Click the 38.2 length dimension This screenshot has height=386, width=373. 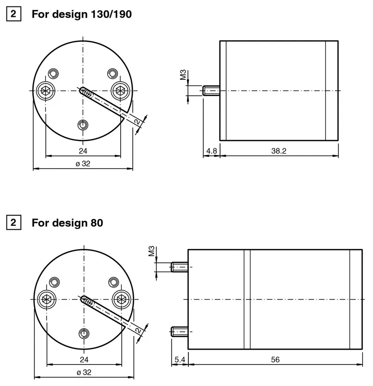(279, 151)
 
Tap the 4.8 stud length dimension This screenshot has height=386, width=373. (212, 151)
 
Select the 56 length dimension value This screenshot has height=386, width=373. (275, 359)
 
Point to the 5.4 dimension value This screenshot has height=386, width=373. (180, 359)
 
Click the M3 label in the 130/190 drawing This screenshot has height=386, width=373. (183, 75)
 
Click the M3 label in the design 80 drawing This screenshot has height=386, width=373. (152, 251)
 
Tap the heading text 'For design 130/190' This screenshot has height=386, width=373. (82, 14)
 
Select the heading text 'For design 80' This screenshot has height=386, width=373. (67, 223)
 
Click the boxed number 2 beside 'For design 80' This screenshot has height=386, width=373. (14, 223)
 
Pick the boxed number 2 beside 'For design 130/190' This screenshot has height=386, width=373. (14, 14)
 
